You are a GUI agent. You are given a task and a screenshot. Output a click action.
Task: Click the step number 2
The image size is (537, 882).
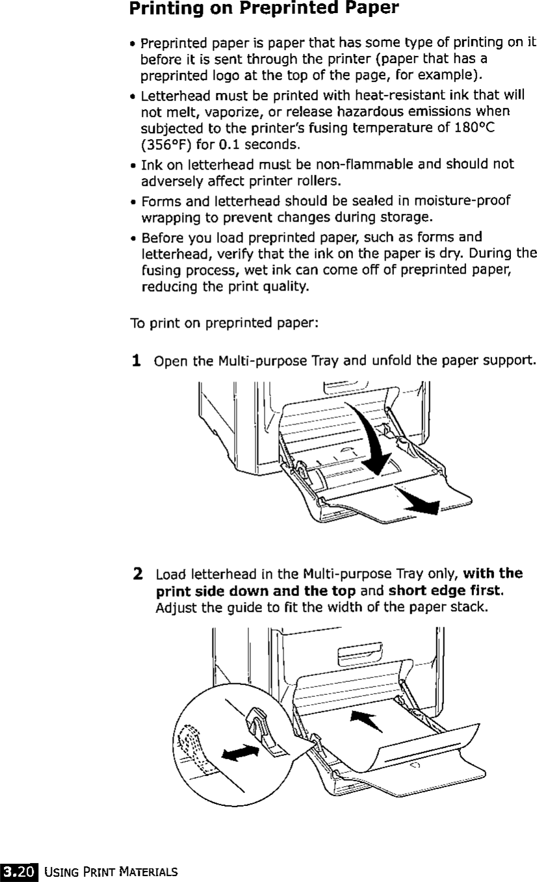138,575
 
